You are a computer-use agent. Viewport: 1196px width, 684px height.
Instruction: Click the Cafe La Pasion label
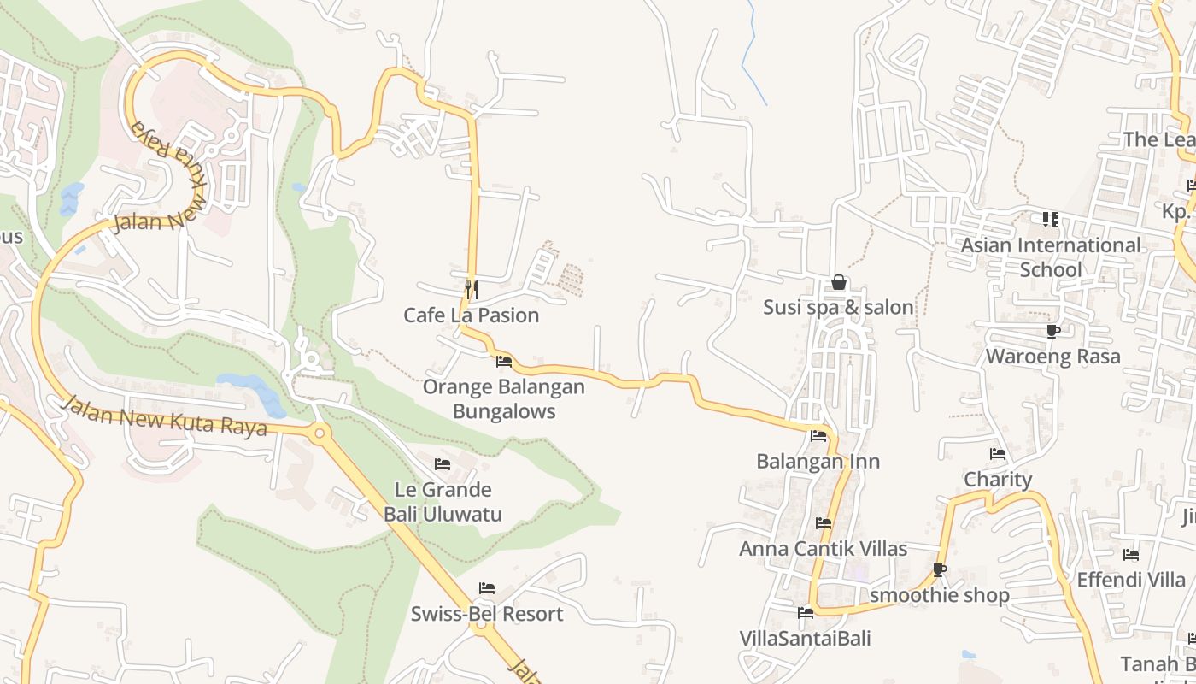pos(471,315)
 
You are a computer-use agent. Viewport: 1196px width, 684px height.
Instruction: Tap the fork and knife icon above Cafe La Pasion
pos(470,289)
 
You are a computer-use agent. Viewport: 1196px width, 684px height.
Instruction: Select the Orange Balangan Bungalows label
pos(504,398)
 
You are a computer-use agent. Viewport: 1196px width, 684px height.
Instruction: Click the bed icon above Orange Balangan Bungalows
pos(504,361)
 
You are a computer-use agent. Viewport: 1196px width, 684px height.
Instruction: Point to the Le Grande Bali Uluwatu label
pos(443,502)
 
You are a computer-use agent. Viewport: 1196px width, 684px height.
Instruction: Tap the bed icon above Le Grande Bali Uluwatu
pos(443,464)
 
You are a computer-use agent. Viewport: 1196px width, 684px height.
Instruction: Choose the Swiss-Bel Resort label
pos(487,614)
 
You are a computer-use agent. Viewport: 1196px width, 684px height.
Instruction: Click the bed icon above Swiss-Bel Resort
pos(487,588)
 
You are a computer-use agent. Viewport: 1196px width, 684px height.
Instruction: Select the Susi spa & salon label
pos(838,307)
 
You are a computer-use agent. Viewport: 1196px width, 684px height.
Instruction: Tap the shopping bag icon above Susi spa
pos(839,282)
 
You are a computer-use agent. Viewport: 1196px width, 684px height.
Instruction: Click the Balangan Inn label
pos(818,462)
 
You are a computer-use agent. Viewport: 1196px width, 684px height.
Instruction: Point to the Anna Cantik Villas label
pos(823,549)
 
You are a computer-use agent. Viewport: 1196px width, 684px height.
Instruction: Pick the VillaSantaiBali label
pos(805,639)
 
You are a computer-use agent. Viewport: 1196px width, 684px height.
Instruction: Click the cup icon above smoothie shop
pos(940,569)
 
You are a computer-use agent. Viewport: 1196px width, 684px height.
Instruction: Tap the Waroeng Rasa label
pos(1052,357)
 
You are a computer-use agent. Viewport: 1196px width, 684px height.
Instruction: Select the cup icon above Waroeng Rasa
pos(1052,331)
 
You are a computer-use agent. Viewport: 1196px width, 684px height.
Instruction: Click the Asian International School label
pos(1051,257)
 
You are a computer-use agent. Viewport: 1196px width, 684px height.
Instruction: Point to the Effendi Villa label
pos(1131,580)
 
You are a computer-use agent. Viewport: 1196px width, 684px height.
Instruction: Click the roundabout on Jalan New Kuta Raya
pos(320,433)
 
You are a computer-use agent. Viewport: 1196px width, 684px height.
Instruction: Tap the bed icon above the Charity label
pos(997,454)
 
